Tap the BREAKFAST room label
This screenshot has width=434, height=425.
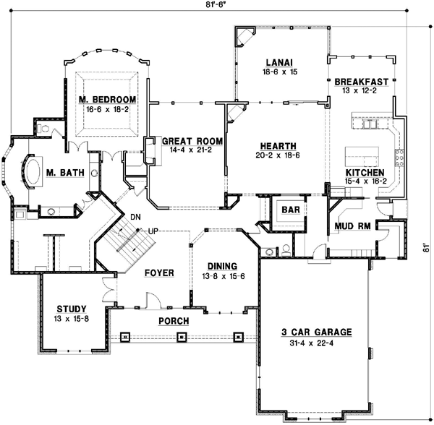click(x=362, y=82)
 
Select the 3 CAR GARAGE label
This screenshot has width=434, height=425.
click(x=316, y=332)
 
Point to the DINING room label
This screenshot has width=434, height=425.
click(x=221, y=265)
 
